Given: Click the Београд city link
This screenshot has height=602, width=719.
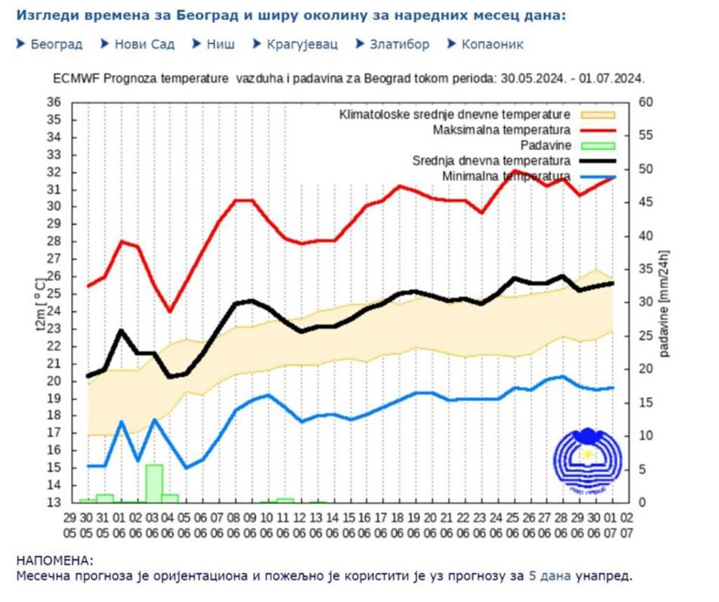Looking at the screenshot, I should pos(56,44).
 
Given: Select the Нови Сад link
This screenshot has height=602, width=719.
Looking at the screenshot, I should pos(144,44).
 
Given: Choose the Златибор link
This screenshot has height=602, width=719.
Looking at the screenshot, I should pos(399,44).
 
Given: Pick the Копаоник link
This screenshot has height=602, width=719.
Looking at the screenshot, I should pos(493,44).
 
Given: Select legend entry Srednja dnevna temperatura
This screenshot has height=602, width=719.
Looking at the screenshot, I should pos(492,160).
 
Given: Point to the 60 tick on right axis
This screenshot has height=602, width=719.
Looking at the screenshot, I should pos(646,102).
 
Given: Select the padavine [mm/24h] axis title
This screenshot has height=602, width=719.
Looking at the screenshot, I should pos(665,302).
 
